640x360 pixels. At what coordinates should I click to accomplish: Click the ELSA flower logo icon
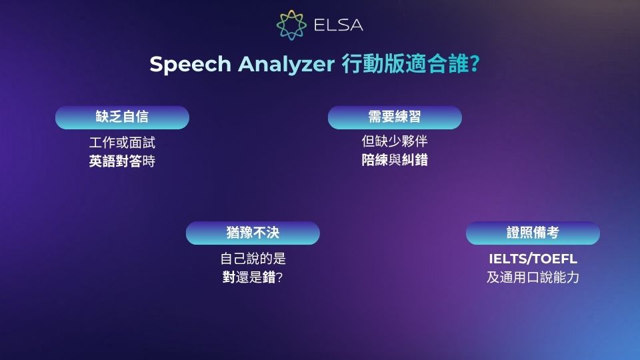pos(291,25)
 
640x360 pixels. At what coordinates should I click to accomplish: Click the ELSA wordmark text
pos(338,26)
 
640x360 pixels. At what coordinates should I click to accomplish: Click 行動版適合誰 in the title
pos(405,65)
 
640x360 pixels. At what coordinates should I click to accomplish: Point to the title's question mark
pos(475,65)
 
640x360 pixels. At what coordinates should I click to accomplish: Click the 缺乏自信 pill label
pos(122,117)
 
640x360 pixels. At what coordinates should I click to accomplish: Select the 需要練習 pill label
pos(395,117)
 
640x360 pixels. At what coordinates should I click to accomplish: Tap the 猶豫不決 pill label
pos(253,233)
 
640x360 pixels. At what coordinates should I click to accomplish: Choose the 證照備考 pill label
pos(533,233)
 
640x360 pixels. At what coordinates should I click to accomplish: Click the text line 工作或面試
pos(122,143)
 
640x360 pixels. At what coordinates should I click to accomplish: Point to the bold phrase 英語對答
pos(115,161)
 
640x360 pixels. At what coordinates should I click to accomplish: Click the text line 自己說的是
pos(253,259)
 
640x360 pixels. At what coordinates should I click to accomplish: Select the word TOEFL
pos(555,259)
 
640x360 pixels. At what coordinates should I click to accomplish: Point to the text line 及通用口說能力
pos(533,277)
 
